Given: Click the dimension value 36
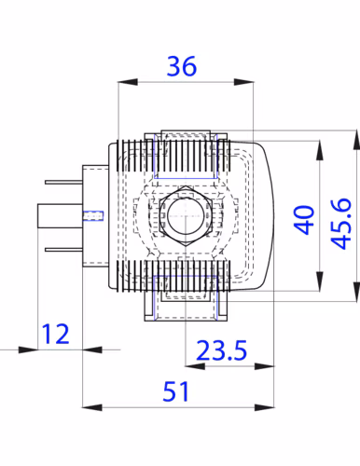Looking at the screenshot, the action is coord(182,66).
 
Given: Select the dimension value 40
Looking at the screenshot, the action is coord(304,219).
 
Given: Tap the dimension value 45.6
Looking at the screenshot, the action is coord(341,224).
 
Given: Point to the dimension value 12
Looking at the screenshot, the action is coord(55,334).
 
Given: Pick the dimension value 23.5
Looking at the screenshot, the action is coord(222,350).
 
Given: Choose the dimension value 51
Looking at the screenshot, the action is coord(176,391).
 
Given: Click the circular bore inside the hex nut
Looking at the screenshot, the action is coord(186,215).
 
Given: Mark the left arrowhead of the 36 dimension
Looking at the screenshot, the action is coord(128,82).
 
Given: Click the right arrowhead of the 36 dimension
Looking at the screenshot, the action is coord(243,82).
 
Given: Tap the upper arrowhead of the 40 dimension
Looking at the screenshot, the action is coord(320,150).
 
